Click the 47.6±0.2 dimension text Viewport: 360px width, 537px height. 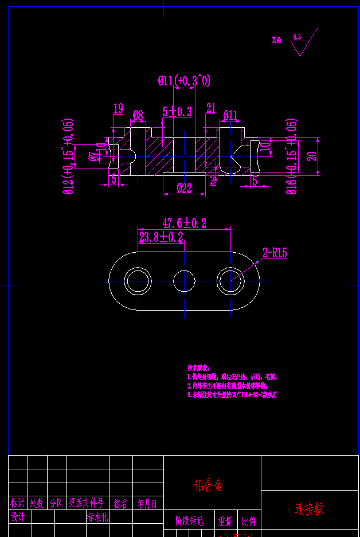[x=184, y=223]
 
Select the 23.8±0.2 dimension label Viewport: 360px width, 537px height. [x=161, y=237]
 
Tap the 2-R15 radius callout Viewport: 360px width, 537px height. [x=275, y=253]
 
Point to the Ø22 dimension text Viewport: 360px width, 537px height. [x=184, y=189]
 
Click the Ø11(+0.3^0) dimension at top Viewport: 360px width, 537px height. [x=184, y=81]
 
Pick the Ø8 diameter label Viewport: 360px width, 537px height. [x=138, y=115]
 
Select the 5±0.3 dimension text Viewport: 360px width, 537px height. [x=177, y=111]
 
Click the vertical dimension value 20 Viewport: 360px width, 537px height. [x=312, y=156]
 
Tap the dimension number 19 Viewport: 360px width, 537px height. [x=119, y=108]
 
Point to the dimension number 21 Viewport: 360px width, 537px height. [x=210, y=108]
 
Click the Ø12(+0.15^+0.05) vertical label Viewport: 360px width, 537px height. [x=68, y=157]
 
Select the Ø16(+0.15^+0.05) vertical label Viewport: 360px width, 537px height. [x=291, y=157]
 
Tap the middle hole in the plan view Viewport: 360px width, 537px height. [x=184, y=281]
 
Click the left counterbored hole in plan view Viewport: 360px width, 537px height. [x=138, y=281]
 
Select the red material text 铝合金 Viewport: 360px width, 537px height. [x=209, y=486]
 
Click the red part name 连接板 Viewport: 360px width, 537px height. [x=309, y=508]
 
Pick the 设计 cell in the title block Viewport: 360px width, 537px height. [x=18, y=517]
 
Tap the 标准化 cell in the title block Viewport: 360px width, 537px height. [x=97, y=517]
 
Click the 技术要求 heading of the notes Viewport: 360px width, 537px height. [x=198, y=367]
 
